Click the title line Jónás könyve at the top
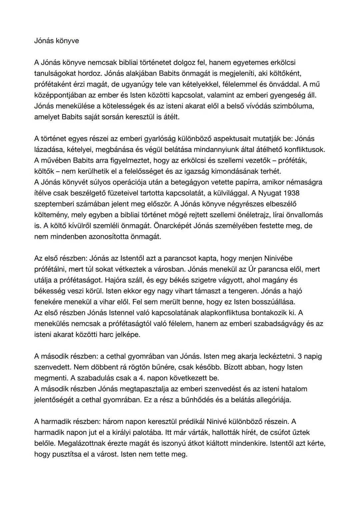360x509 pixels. [56, 41]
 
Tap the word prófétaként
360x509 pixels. [52, 84]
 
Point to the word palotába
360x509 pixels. [150, 432]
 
